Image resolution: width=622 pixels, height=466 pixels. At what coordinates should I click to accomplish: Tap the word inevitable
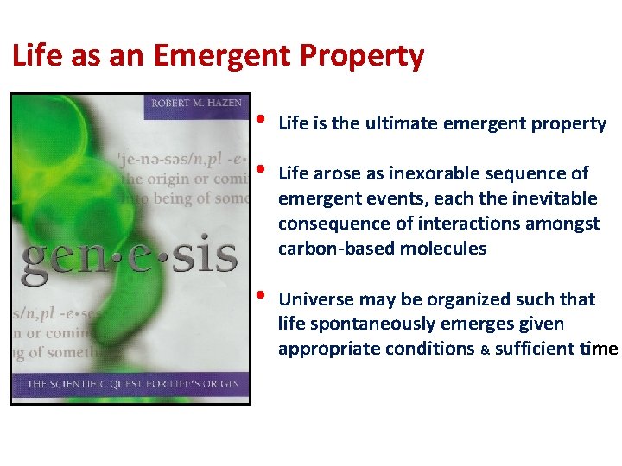(x=554, y=198)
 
